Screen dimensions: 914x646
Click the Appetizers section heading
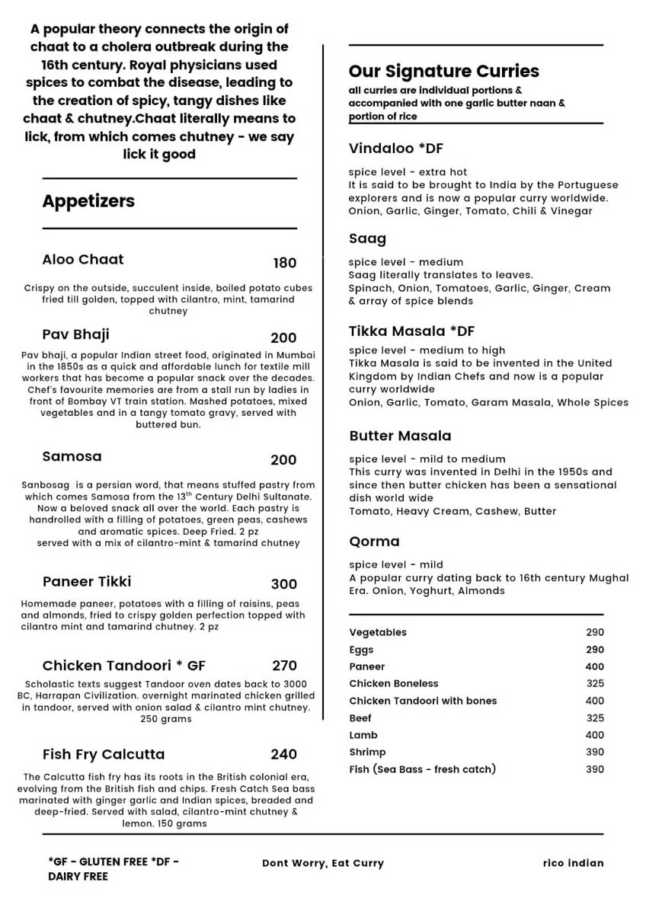pos(88,201)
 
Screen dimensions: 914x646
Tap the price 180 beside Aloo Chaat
pos(285,263)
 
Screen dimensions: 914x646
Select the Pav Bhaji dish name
pos(76,334)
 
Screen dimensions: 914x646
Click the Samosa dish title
pos(72,456)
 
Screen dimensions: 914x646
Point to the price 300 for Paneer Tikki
pos(284,584)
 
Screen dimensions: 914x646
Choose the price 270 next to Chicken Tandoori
pos(284,666)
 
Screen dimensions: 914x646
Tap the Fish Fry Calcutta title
pos(104,754)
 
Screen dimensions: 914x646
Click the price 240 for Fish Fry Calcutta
pos(284,754)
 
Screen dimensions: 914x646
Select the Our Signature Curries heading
pos(444,71)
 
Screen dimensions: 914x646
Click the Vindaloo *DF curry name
pos(396,148)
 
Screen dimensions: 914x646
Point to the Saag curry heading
pos(367,238)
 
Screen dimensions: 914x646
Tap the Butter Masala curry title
pos(400,436)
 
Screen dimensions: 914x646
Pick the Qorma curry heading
pos(374,542)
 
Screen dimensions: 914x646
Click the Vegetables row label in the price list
pos(378,632)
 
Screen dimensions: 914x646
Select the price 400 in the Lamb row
pos(594,735)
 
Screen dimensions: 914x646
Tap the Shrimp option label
pos(367,752)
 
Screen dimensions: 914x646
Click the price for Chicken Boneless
pos(595,683)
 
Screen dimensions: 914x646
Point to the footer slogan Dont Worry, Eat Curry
pos(323,863)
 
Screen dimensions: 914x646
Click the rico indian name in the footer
pos(573,863)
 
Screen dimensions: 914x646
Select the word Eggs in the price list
pos(361,650)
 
